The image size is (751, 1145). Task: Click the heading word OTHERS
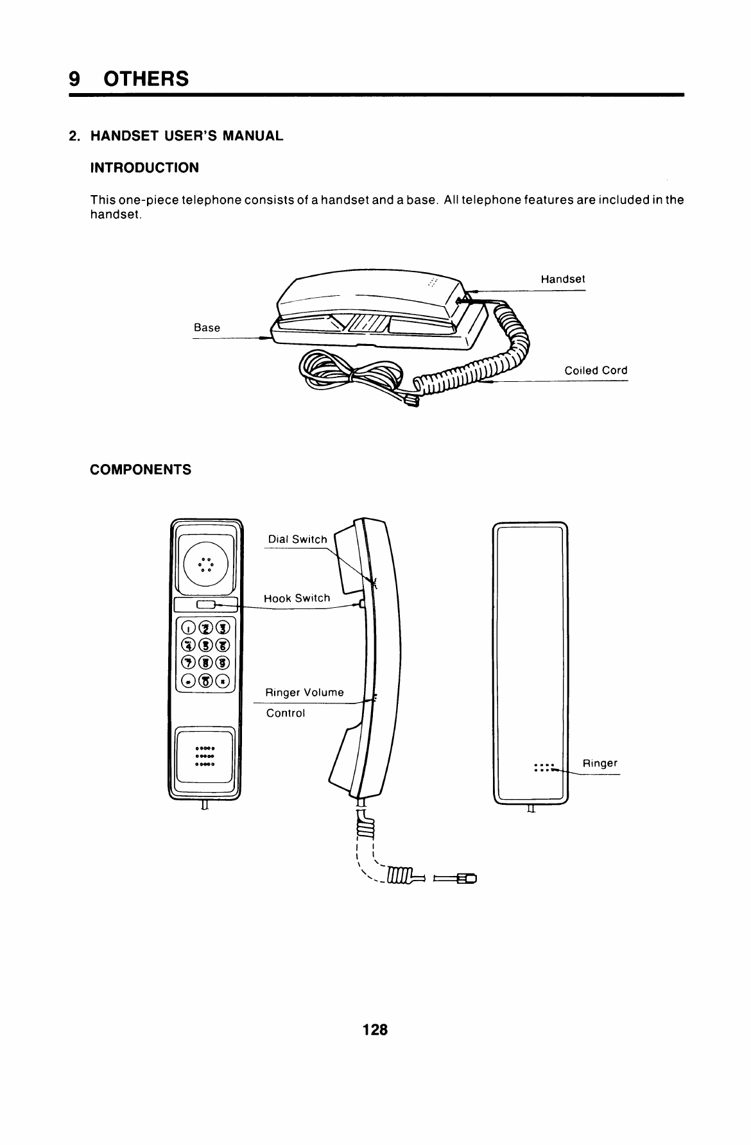pyautogui.click(x=146, y=78)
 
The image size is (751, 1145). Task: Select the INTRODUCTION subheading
pyautogui.click(x=144, y=168)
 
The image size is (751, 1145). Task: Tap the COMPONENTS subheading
pyautogui.click(x=141, y=470)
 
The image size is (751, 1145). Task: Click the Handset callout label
pyautogui.click(x=562, y=279)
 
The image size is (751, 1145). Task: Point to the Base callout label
pyautogui.click(x=207, y=328)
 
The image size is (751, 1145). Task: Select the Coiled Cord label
pyautogui.click(x=596, y=370)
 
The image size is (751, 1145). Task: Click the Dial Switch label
pyautogui.click(x=297, y=539)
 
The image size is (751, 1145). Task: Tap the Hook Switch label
pyautogui.click(x=297, y=598)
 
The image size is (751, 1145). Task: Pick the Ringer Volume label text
pyautogui.click(x=305, y=693)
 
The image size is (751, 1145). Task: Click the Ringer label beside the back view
pyautogui.click(x=600, y=763)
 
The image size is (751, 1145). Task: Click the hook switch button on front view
pyautogui.click(x=206, y=604)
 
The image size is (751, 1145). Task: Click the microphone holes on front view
pyautogui.click(x=205, y=756)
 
